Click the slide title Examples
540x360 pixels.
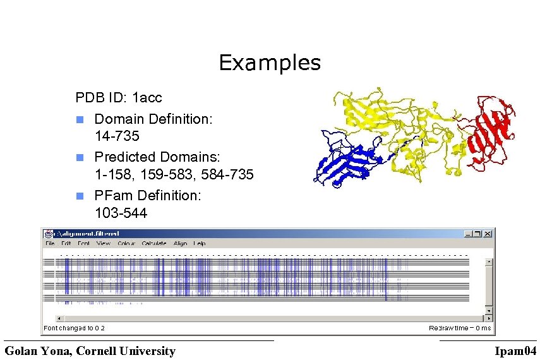point(270,63)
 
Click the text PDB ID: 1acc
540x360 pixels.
point(118,98)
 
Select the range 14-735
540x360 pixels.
point(117,136)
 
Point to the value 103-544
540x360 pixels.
point(121,213)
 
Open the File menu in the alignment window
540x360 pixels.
point(50,243)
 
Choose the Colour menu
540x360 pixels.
point(126,243)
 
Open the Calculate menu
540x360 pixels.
point(154,243)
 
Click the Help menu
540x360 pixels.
point(200,243)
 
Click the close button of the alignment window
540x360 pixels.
point(487,233)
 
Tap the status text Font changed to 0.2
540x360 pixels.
point(75,328)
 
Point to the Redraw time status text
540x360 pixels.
point(459,328)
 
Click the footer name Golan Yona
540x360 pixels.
point(90,351)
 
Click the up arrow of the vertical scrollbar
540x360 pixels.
point(488,260)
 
